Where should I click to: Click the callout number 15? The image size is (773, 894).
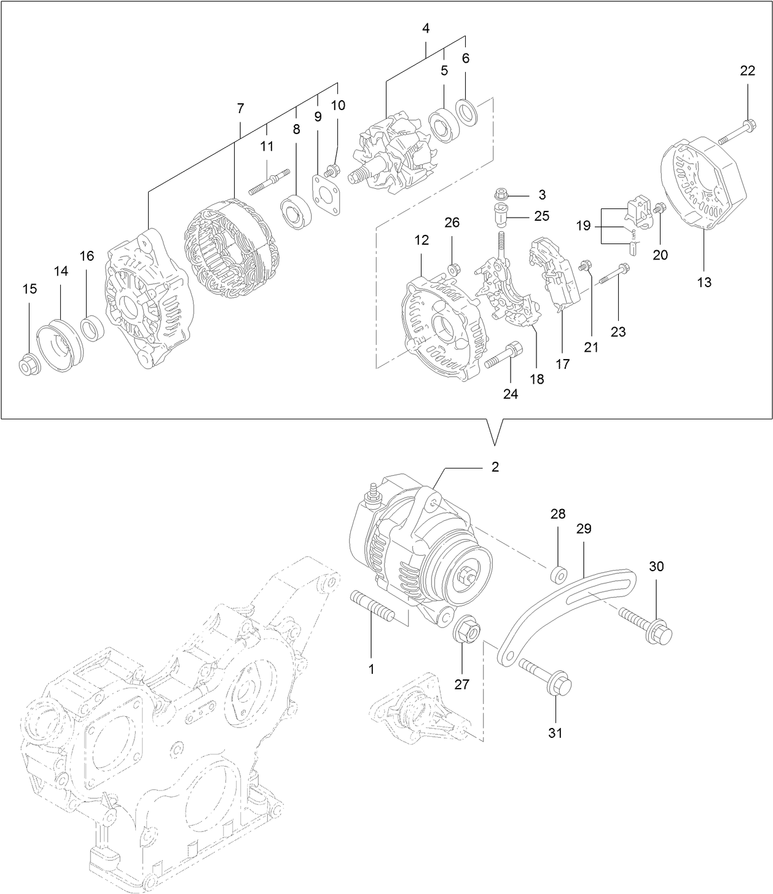pyautogui.click(x=29, y=288)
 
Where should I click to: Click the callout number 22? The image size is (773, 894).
pyautogui.click(x=747, y=71)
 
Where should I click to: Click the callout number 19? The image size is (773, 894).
pyautogui.click(x=583, y=226)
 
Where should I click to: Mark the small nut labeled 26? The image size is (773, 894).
pyautogui.click(x=454, y=269)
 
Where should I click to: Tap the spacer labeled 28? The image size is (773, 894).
pyautogui.click(x=559, y=576)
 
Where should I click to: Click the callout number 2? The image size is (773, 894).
pyautogui.click(x=495, y=467)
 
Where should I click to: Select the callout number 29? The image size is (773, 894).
pyautogui.click(x=583, y=528)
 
